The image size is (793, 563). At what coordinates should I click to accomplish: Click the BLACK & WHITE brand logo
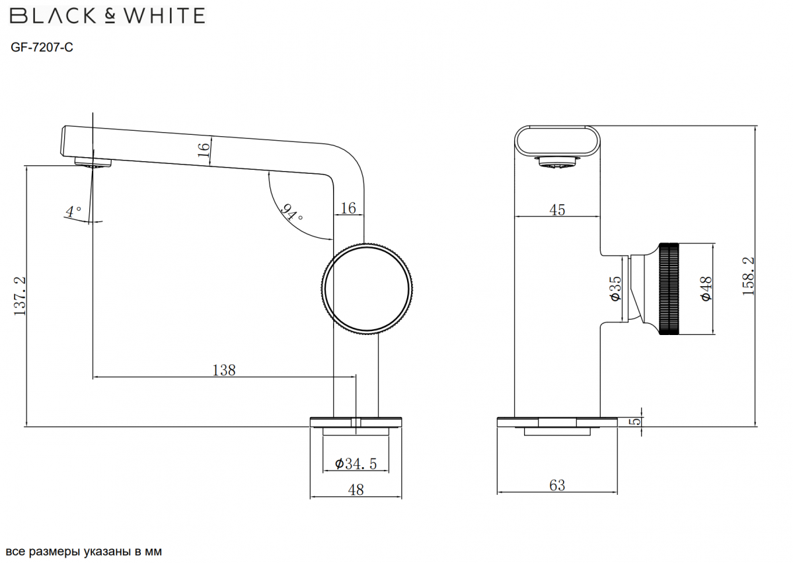108,16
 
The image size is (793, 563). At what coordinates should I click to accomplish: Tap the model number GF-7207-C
42,47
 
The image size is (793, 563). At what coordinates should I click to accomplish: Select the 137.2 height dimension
20,296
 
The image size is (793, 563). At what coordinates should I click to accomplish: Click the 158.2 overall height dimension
748,276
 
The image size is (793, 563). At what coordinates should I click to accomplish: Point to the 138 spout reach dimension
224,370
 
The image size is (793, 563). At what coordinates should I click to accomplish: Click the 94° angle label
291,212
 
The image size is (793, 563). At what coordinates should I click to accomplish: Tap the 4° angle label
73,211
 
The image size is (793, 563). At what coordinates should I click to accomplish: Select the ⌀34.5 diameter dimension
356,464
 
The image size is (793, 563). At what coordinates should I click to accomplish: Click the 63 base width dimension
557,485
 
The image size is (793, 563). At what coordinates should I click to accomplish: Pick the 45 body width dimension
557,210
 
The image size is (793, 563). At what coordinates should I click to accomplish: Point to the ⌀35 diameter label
616,289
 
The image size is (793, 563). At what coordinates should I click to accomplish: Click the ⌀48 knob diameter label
706,289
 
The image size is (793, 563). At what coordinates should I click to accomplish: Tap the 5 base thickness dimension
636,422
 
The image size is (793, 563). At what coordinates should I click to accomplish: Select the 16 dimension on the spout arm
204,150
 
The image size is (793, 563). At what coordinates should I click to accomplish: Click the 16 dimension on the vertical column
348,208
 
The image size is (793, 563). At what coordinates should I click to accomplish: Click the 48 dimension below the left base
356,490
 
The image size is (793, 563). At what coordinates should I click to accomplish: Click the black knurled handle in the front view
669,289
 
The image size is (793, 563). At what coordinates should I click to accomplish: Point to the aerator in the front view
557,161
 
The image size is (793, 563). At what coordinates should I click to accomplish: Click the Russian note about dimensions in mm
84,551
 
